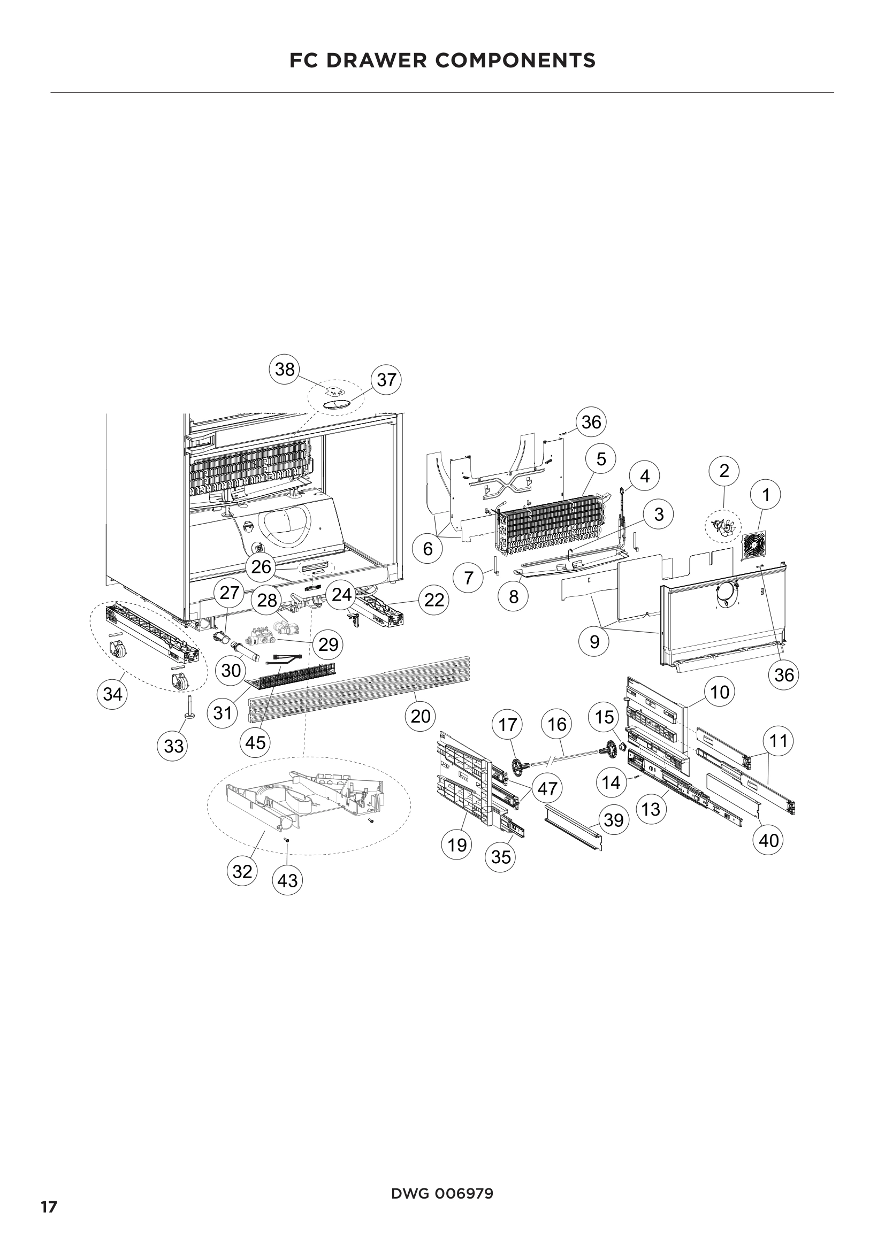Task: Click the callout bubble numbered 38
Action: (x=285, y=370)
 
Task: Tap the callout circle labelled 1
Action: (x=766, y=495)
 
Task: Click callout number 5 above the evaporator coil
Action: (x=601, y=459)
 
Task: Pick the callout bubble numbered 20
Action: (x=421, y=716)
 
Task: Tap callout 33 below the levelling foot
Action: (x=174, y=746)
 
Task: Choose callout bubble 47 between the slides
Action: (x=547, y=788)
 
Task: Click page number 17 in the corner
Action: (x=49, y=1203)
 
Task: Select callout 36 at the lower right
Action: (x=784, y=675)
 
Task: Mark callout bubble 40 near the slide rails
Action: (x=768, y=840)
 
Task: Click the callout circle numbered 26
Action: (x=261, y=566)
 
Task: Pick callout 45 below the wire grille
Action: (x=256, y=743)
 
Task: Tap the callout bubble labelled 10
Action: (x=720, y=693)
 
